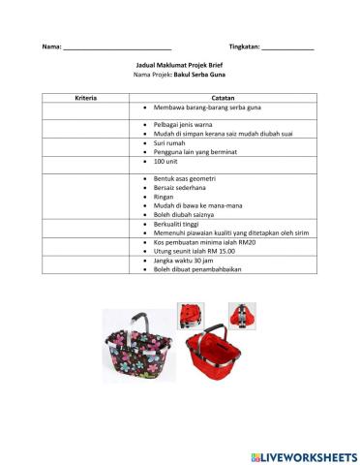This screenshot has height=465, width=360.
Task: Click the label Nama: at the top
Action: [x=50, y=46]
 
